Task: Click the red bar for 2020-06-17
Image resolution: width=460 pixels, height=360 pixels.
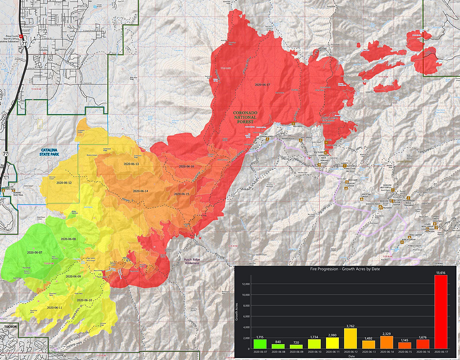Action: [x=440, y=312]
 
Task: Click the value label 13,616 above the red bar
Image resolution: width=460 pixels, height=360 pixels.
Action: [x=440, y=272]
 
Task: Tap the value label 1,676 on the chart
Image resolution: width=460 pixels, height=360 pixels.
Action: [x=422, y=336]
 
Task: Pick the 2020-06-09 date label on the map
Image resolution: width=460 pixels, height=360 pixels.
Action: [x=74, y=277]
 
